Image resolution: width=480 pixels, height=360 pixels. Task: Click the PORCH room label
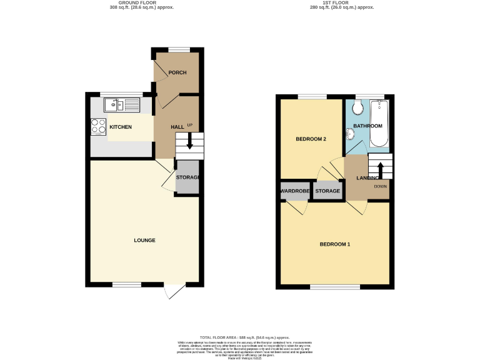[177, 72]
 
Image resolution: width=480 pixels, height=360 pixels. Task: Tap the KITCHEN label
[121, 127]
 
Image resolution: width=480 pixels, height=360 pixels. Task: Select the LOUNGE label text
[144, 240]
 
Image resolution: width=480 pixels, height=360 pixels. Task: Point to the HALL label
[177, 127]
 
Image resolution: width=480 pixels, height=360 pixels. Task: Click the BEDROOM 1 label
[334, 243]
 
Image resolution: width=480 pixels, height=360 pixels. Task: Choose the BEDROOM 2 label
[311, 139]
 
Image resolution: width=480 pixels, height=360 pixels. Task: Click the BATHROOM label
[367, 126]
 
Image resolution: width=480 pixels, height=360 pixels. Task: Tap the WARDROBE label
[294, 191]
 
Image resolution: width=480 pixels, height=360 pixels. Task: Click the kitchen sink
[123, 105]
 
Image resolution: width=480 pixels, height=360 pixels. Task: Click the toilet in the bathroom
[357, 109]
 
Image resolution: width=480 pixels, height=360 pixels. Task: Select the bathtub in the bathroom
[380, 124]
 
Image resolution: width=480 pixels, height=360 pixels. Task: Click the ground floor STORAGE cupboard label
[187, 177]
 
